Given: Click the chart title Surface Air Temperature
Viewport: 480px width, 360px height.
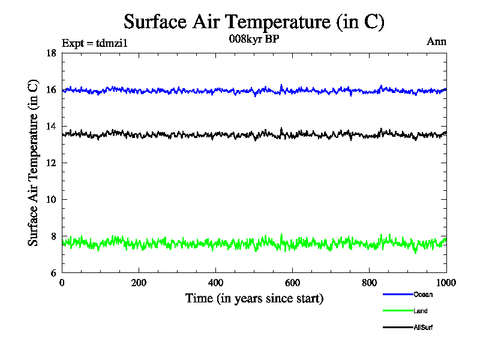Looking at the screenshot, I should (254, 22).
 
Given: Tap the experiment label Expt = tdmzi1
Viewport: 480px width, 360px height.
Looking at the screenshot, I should (95, 43).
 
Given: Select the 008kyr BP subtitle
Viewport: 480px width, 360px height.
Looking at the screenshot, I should (254, 39).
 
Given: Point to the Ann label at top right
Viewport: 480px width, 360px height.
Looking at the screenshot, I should (437, 41).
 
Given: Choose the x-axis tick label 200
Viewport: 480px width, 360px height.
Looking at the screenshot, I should (139, 283).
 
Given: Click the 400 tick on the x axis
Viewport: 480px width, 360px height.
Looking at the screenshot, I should (215, 283).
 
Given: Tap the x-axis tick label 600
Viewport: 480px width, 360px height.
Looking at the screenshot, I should (292, 283).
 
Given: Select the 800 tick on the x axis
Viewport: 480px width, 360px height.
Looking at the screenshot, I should (369, 283).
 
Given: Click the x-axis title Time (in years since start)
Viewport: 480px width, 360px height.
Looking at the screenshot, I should (254, 298).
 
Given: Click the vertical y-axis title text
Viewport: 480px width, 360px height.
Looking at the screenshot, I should (34, 163).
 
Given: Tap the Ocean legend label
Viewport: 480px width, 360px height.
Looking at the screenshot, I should (422, 295).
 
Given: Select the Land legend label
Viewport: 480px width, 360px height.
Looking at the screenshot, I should (420, 311).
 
